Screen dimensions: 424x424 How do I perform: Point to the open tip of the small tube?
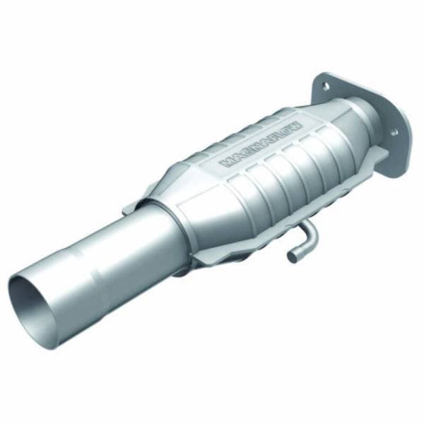click(x=291, y=257)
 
